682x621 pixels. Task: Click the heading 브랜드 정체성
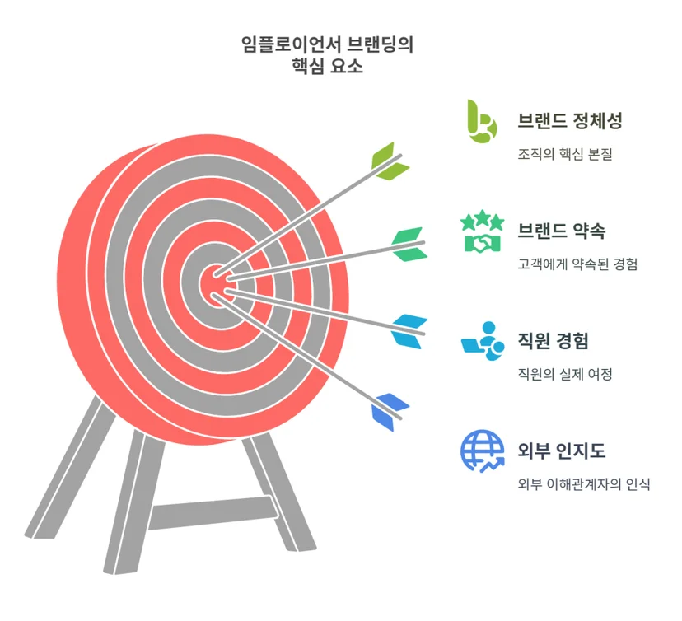570,120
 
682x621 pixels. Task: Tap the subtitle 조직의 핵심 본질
565,154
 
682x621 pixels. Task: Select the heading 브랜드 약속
561,231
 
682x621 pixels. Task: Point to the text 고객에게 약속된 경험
577,264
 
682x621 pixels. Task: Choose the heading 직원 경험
553,340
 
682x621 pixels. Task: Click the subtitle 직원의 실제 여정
565,374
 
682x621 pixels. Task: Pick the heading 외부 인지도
561,451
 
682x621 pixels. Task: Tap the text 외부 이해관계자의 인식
584,484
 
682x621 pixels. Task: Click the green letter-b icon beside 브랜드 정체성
480,121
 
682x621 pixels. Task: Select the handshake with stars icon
483,231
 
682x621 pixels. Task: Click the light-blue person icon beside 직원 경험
483,341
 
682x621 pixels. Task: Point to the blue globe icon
483,451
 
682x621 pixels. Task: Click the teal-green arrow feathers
409,244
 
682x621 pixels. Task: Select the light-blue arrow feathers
409,331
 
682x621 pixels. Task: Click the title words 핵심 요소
327,67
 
